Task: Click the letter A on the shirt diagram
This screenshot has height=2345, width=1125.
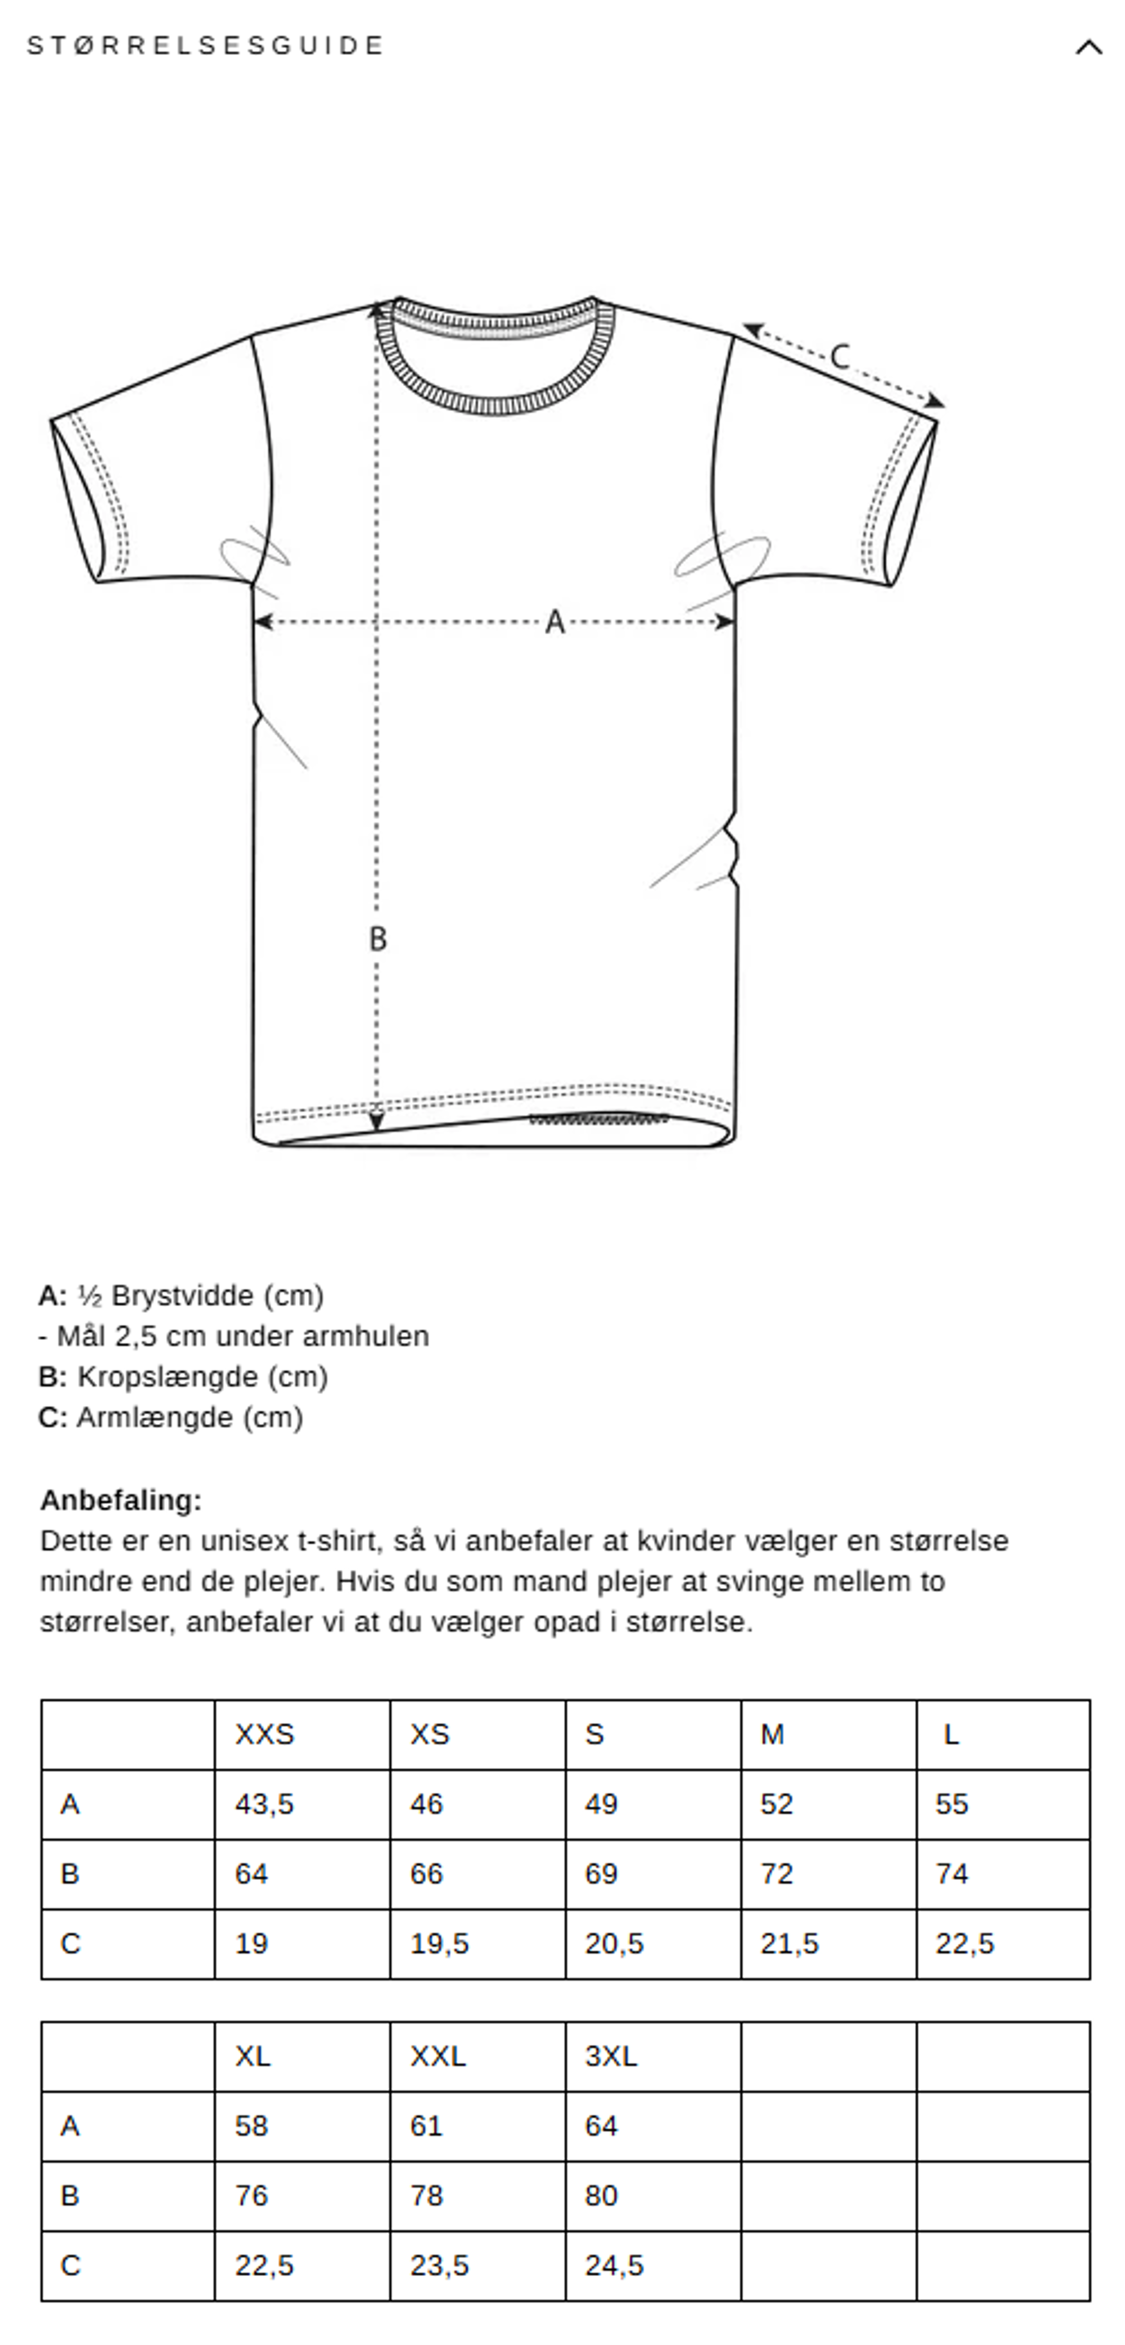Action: (x=554, y=623)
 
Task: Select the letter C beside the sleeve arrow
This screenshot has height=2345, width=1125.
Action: (x=839, y=356)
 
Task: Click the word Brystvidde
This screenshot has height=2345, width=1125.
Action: (x=182, y=1295)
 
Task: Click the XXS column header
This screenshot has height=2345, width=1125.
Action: (x=264, y=1734)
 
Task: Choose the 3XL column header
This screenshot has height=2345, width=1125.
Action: (x=611, y=2057)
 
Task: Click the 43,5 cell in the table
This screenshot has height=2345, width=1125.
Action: (x=264, y=1804)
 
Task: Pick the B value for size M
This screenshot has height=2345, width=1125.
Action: (x=777, y=1873)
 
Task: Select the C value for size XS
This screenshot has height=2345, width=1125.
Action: (x=439, y=1944)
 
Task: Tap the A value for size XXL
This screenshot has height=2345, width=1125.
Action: (x=426, y=2126)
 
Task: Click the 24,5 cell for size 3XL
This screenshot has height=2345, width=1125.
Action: (x=613, y=2265)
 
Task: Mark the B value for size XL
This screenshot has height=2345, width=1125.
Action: (x=251, y=2196)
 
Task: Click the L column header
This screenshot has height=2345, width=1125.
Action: (x=950, y=1734)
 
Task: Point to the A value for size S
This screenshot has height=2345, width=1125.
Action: (x=601, y=1804)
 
